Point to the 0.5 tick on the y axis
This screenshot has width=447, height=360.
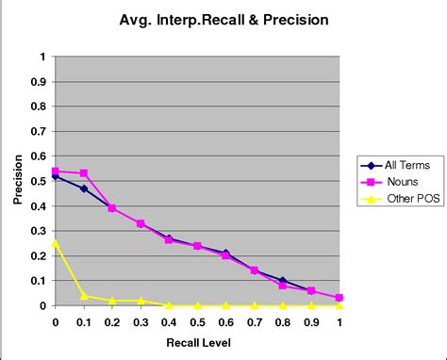(38, 181)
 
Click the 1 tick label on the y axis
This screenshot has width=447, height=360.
(41, 57)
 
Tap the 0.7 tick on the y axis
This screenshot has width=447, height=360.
(38, 131)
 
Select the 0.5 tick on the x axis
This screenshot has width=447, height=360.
(197, 320)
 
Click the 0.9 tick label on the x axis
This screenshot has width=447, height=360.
(310, 320)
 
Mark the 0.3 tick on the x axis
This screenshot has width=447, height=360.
(141, 320)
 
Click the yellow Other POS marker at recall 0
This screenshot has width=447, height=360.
(56, 243)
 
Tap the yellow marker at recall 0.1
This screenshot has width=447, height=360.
(84, 296)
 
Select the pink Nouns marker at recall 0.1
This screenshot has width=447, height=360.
(84, 173)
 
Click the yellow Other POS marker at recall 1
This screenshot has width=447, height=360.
(339, 305)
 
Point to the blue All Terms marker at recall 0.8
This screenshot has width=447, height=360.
(282, 280)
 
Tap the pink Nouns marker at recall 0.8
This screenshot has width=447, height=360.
(282, 286)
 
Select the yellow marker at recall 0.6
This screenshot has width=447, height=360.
(225, 305)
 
